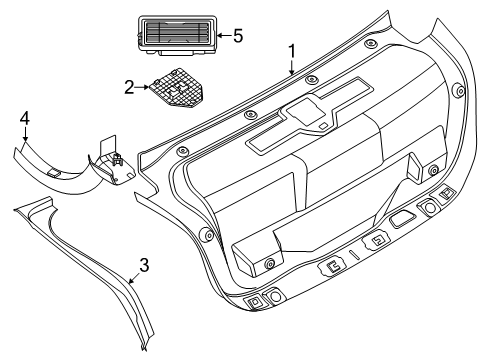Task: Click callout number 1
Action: (x=292, y=51)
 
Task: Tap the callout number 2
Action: (x=129, y=87)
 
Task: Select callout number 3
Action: (x=144, y=265)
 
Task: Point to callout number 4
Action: (x=25, y=118)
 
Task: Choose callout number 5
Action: (x=238, y=36)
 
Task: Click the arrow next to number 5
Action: (x=224, y=35)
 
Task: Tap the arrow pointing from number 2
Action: (x=142, y=87)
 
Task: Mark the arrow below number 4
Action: (x=25, y=134)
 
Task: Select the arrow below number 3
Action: (x=135, y=277)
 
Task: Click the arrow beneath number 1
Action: (x=292, y=67)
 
